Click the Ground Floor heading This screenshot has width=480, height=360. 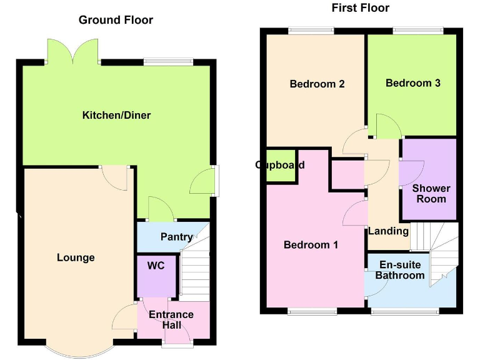pos(116,20)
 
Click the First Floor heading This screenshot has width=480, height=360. pos(360,7)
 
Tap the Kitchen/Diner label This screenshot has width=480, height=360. pos(116,115)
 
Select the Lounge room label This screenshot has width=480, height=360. pos(76,257)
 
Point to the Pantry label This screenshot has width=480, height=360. pos(176,237)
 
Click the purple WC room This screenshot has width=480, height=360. pos(156,275)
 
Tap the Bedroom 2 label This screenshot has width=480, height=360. pos(317,84)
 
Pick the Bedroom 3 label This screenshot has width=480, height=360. pos(412,83)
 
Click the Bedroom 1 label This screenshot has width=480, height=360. pos(311,245)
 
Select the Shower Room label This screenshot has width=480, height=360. pos(431,193)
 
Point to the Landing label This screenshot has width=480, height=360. pos(388,231)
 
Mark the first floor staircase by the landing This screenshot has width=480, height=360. pos(437,250)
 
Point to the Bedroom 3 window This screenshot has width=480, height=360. pos(418,31)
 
